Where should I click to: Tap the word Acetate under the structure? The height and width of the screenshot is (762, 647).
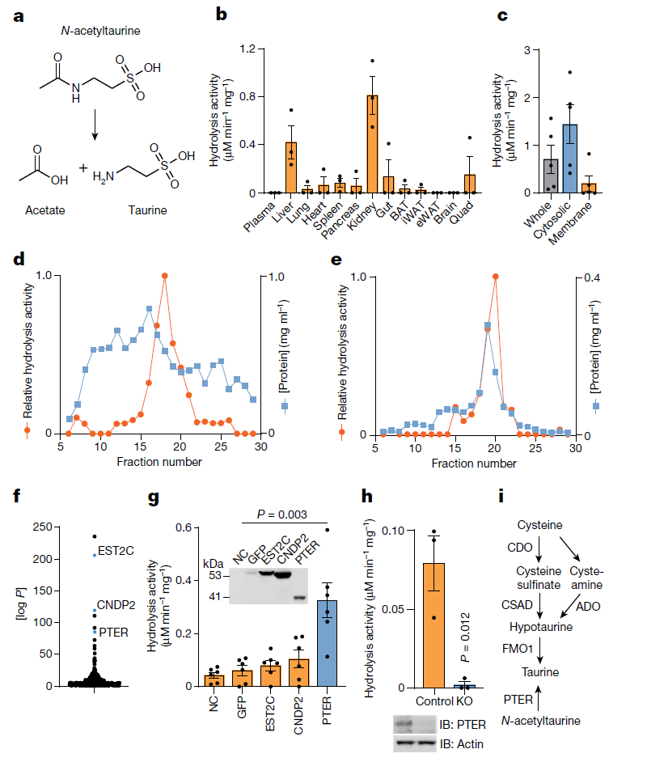pos(45,210)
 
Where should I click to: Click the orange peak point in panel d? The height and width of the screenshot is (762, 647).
pos(165,276)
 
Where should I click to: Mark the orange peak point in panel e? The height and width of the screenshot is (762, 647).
pos(495,277)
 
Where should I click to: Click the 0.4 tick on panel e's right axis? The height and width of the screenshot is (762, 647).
pos(590,277)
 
